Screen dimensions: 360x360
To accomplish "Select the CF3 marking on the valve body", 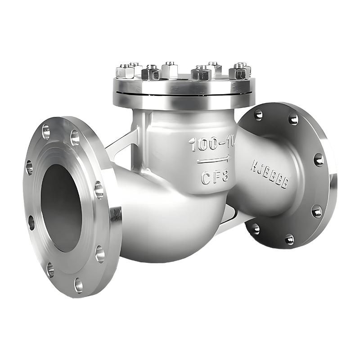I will point(215,176).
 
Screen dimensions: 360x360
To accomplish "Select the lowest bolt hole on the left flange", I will point(78,284).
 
